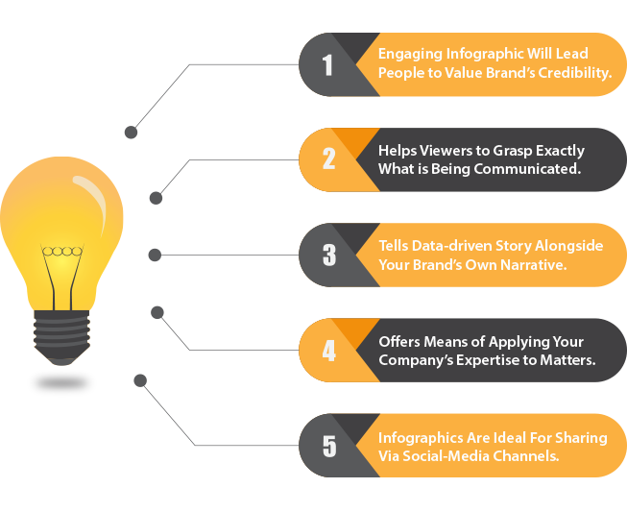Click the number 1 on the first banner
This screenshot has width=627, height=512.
click(x=327, y=64)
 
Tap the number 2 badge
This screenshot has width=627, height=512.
click(x=328, y=158)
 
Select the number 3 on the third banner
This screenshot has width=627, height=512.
click(x=329, y=255)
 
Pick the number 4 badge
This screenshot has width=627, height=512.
click(x=328, y=351)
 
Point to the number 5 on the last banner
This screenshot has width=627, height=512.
click(x=329, y=446)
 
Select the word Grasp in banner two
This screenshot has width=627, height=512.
click(x=512, y=151)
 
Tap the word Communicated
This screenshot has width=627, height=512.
click(x=527, y=169)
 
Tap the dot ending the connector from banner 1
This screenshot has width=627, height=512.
click(x=132, y=132)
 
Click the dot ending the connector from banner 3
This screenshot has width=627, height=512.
click(x=155, y=255)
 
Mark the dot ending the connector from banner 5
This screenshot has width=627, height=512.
click(x=140, y=380)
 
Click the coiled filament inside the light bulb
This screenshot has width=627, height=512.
click(x=62, y=252)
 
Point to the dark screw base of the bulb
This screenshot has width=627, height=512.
click(x=61, y=337)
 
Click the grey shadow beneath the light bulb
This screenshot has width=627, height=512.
click(x=61, y=383)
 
